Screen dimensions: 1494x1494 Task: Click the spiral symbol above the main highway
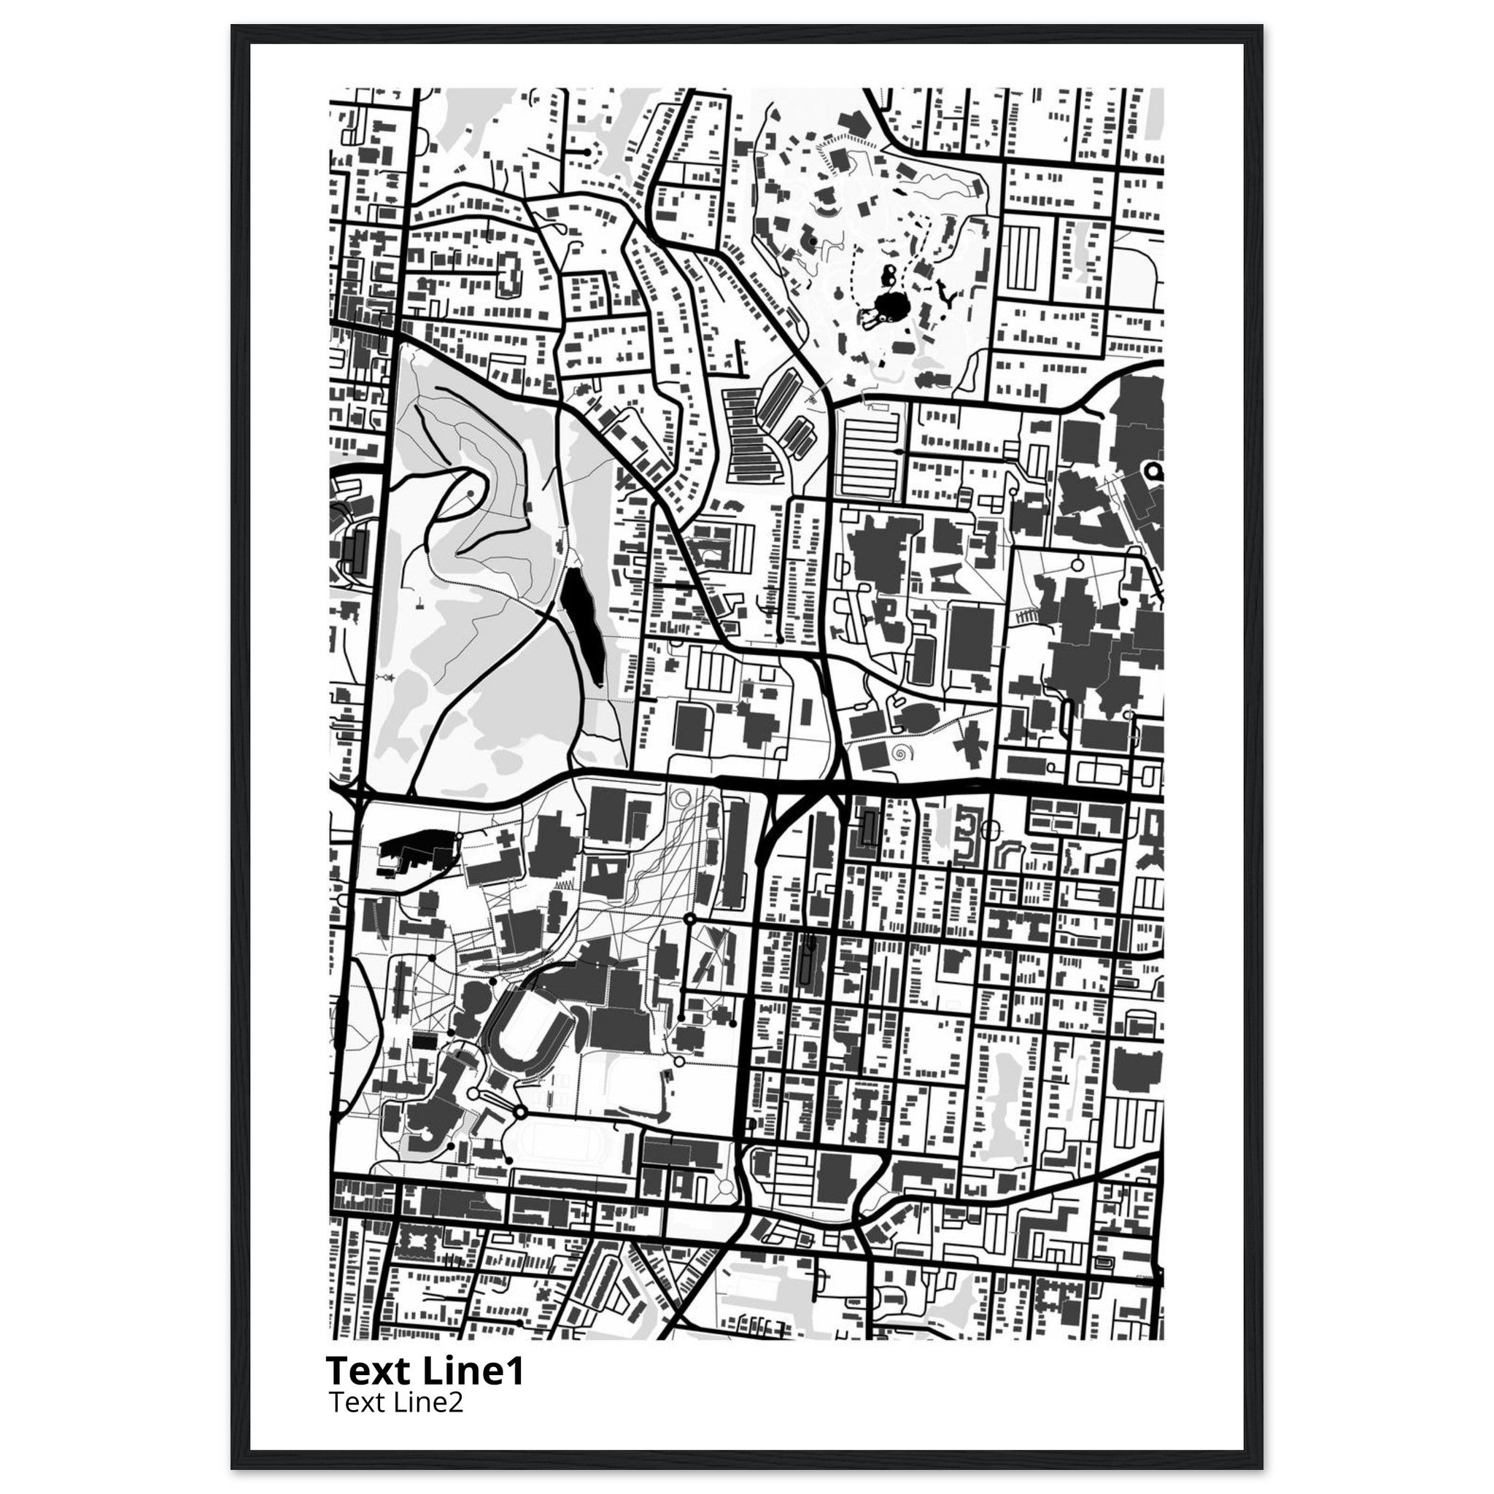(899, 751)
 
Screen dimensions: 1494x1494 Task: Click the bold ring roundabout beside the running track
(520, 1112)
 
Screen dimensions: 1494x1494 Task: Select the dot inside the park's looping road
(469, 492)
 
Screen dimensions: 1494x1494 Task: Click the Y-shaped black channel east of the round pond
(945, 293)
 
